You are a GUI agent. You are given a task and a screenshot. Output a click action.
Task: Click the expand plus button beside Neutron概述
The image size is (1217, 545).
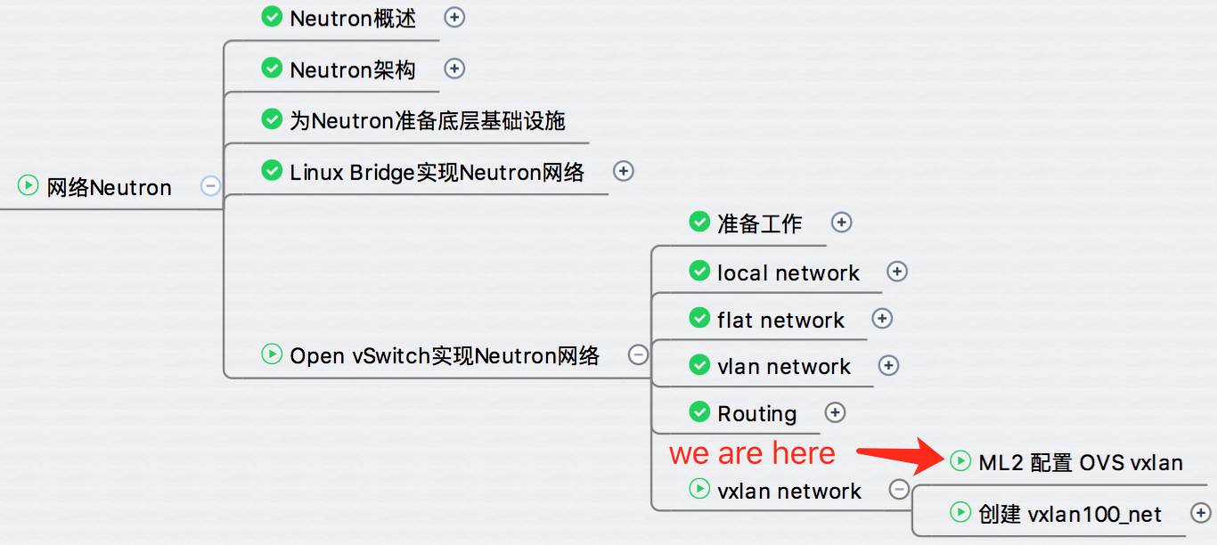coord(454,18)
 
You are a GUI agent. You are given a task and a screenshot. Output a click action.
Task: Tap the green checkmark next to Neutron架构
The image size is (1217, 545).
coord(272,69)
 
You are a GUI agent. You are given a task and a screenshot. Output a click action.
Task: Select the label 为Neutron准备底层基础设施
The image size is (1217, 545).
coord(427,120)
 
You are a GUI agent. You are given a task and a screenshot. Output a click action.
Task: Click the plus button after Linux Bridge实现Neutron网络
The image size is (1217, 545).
coord(623,171)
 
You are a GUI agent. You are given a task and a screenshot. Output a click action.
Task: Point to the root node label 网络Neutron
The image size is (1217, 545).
coord(110,188)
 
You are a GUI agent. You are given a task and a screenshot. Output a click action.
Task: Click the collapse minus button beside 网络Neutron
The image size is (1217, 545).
coord(210,185)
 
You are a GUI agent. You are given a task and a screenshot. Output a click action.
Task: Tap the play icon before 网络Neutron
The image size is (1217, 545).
coord(28,185)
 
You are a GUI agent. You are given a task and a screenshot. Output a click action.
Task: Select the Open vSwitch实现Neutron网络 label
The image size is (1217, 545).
coord(445,356)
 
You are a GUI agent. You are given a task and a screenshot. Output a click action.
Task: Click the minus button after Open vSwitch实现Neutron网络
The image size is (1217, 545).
coord(638,355)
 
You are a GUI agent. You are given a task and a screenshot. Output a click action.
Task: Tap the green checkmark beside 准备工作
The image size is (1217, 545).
coord(699,222)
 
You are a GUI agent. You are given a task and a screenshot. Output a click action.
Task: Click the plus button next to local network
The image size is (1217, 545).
coord(897,272)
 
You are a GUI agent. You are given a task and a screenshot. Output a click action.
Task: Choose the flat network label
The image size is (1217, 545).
coord(780,320)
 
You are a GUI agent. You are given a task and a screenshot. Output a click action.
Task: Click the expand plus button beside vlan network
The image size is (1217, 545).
coord(888,365)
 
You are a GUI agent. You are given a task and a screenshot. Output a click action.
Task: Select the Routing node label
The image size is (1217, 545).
coord(756,413)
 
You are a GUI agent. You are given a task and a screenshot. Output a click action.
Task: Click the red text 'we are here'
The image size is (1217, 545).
coord(752,453)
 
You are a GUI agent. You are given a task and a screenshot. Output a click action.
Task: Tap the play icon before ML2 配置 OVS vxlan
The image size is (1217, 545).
coord(960,461)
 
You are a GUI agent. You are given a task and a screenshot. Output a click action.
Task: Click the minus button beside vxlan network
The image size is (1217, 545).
coord(899,489)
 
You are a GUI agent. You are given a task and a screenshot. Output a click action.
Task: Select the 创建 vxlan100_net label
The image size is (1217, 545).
coord(1070,514)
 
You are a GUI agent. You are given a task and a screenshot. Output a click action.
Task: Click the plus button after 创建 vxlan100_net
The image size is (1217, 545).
coord(1200,512)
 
